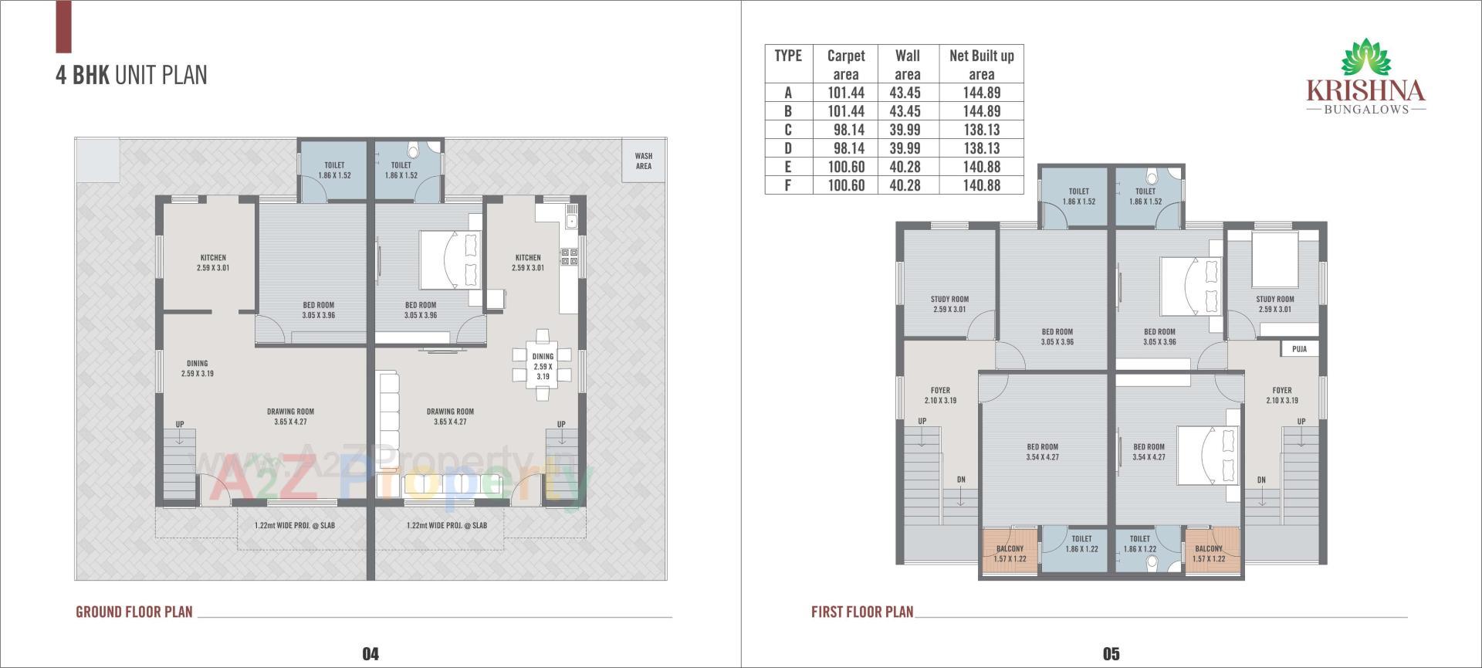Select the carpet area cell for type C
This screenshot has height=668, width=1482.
click(x=846, y=130)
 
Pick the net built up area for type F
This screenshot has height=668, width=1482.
click(x=981, y=185)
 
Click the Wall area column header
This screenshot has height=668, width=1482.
click(x=907, y=65)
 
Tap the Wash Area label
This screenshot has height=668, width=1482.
click(x=643, y=161)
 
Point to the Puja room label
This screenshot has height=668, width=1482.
click(x=1299, y=349)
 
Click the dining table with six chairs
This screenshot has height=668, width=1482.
click(x=543, y=366)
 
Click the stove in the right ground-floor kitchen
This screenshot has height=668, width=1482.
click(x=569, y=257)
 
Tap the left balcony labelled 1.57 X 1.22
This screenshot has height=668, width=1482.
click(x=1010, y=553)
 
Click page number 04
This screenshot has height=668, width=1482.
click(x=370, y=654)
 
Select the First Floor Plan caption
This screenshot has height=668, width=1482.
click(x=861, y=612)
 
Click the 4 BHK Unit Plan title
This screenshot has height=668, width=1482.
click(x=131, y=75)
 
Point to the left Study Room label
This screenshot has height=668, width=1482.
click(x=949, y=304)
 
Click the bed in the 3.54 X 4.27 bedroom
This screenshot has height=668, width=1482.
click(x=1208, y=456)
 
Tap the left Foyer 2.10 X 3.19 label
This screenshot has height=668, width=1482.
click(x=940, y=395)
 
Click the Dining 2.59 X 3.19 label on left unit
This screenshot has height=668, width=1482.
click(x=197, y=368)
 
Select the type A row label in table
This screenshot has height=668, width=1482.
click(x=788, y=93)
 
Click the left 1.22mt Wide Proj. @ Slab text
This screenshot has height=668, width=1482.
click(x=295, y=526)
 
